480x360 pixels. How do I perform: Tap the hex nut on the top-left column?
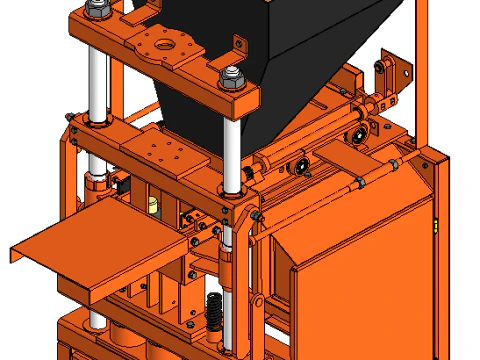(97, 10)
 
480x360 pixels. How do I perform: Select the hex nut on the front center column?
(230, 77)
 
